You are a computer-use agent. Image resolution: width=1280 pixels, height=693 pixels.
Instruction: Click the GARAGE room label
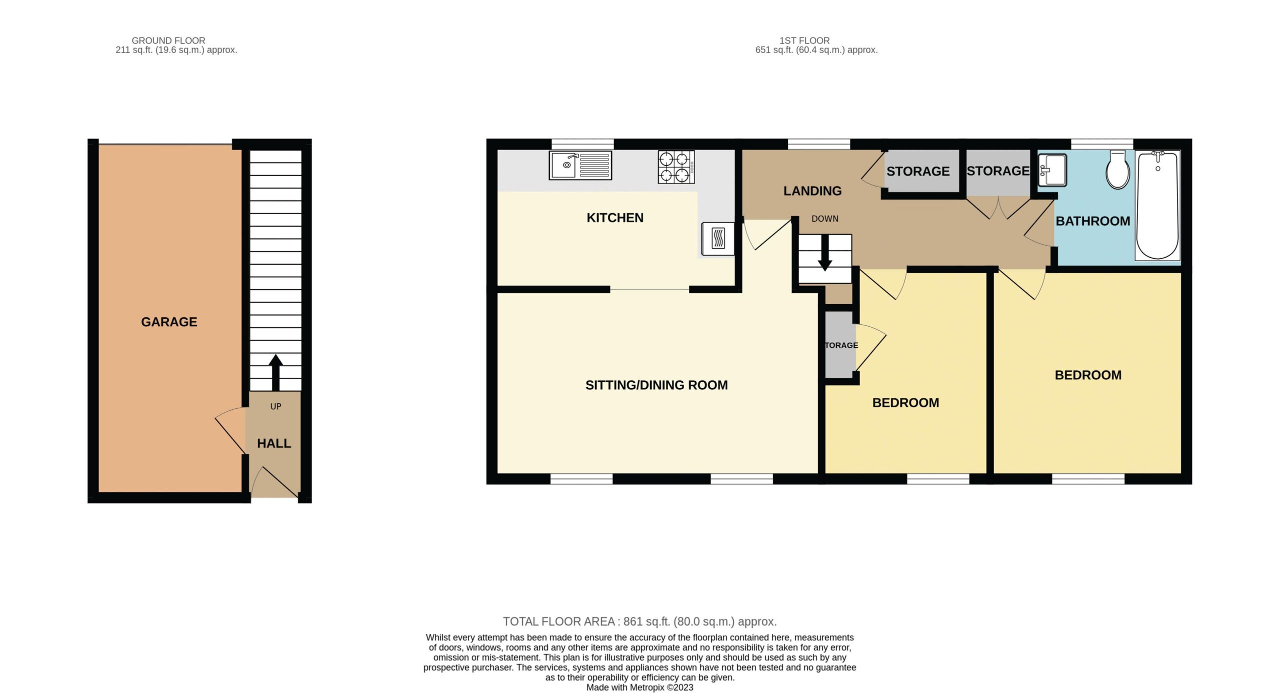tap(169, 322)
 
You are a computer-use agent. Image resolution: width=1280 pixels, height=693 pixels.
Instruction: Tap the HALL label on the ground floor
tap(274, 443)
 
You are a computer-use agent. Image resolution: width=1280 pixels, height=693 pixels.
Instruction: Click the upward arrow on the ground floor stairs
tap(275, 372)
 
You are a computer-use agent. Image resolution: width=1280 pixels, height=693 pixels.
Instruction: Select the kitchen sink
tap(580, 165)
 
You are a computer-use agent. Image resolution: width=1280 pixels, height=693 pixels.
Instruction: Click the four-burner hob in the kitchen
tap(676, 167)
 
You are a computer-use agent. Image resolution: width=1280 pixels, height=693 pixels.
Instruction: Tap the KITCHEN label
tap(615, 218)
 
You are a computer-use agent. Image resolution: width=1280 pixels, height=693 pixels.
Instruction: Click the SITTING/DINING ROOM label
tap(656, 385)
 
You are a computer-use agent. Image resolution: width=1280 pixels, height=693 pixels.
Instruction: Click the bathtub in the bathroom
tap(1158, 205)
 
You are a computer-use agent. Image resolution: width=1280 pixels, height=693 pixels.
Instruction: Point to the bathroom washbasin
tap(1052, 170)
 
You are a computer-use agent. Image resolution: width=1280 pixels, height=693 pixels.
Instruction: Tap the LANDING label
tap(812, 191)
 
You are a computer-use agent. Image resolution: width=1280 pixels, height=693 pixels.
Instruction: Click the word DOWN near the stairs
tap(825, 219)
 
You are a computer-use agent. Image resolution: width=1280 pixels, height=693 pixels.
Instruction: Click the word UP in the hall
tap(275, 406)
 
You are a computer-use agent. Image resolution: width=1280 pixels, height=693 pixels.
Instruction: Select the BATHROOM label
tap(1093, 221)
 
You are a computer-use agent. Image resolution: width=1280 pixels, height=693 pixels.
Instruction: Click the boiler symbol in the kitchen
tap(718, 239)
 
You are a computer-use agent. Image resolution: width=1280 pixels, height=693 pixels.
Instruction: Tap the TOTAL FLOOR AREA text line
tap(639, 621)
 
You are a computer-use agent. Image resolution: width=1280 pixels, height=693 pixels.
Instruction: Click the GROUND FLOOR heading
tap(168, 41)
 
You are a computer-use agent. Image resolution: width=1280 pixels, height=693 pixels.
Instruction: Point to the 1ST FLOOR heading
tap(804, 41)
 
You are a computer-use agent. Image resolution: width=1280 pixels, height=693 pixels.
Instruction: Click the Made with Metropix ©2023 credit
tap(639, 687)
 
